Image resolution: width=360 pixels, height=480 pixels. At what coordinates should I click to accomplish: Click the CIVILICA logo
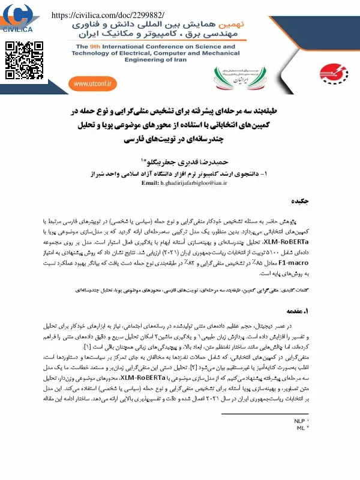tap(19, 17)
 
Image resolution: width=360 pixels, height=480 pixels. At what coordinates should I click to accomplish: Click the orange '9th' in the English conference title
tap(103, 45)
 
